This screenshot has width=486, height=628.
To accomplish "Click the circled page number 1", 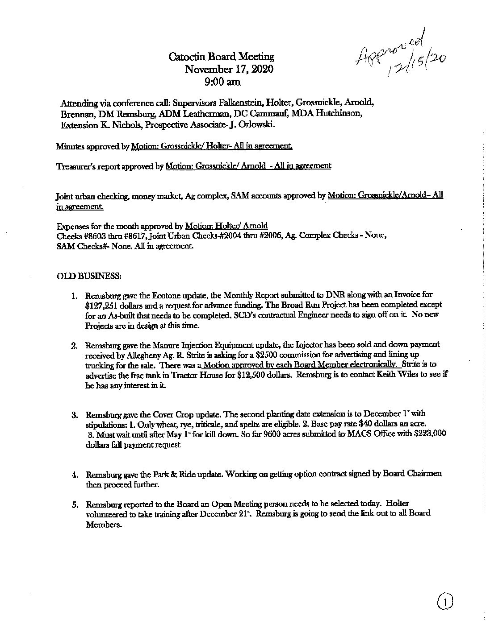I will coord(445,603).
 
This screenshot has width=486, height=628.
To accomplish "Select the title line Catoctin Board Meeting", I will coord(221,57).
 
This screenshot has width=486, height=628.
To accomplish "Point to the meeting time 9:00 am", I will coord(222,82).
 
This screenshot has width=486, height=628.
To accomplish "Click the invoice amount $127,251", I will coord(100,304).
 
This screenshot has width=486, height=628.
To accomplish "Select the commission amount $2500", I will coord(260,354).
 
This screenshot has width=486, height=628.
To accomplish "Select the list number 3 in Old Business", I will coord(75,415).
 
